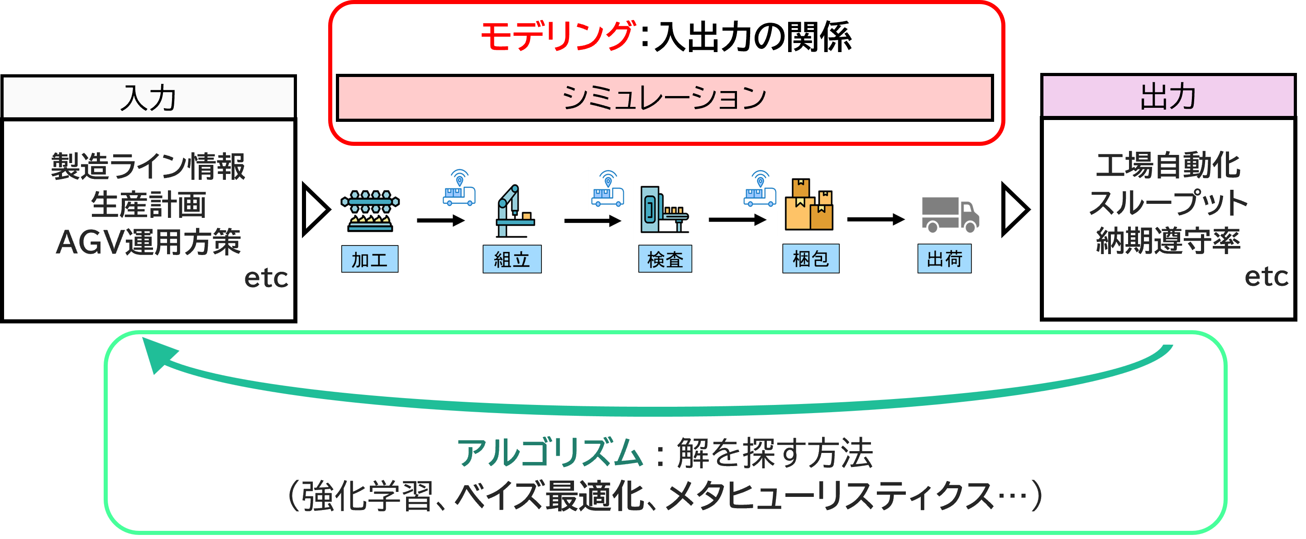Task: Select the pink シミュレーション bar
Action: pos(665,97)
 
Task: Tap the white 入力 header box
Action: pos(148,97)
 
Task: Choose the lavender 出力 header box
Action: pos(1168,96)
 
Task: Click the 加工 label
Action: pos(369,259)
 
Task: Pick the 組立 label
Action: pos(512,259)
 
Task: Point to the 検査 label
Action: pos(665,259)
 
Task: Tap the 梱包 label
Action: pos(811,259)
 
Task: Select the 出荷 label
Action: pos(944,259)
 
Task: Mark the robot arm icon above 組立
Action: pos(515,212)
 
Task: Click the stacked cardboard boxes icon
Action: pos(808,205)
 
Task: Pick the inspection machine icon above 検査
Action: pos(665,212)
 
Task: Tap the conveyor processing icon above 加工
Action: pos(369,209)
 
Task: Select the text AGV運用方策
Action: pos(148,242)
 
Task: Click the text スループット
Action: pos(1168,203)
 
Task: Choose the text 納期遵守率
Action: pos(1168,241)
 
